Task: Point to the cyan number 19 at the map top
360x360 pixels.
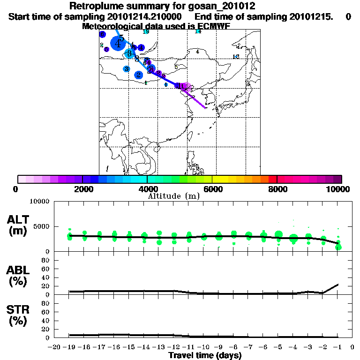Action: pyautogui.click(x=146, y=31)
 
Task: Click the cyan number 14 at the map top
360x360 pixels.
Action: pyautogui.click(x=198, y=31)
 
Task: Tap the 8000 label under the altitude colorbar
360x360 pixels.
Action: pyautogui.click(x=277, y=189)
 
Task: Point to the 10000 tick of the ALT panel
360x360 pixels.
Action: pyautogui.click(x=40, y=202)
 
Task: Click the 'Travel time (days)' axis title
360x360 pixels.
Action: pyautogui.click(x=205, y=355)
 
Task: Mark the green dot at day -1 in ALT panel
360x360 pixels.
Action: pyautogui.click(x=338, y=247)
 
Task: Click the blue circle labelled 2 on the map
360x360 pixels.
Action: pyautogui.click(x=139, y=75)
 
